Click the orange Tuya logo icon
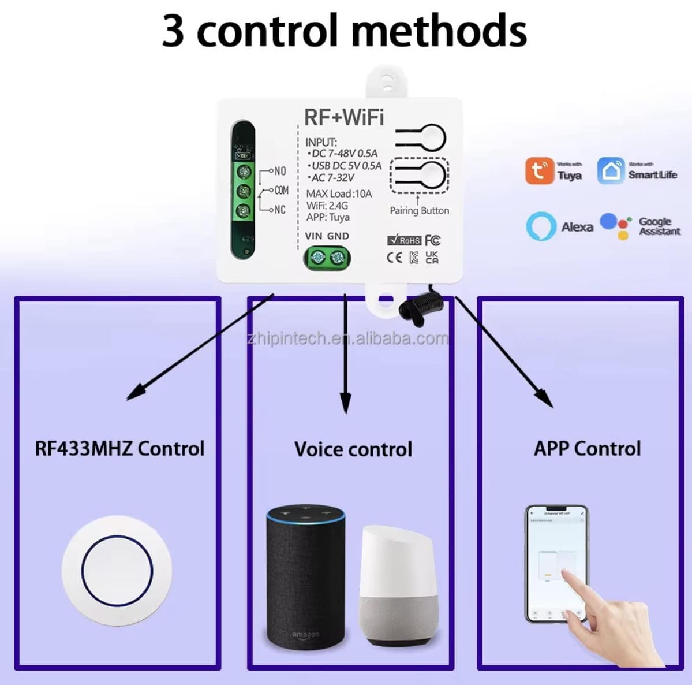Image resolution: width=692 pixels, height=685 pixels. (x=539, y=171)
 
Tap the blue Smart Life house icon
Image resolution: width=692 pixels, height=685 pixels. (x=611, y=171)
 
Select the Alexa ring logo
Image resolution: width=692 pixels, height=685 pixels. (x=541, y=226)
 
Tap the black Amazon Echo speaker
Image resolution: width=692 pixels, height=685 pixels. (x=305, y=577)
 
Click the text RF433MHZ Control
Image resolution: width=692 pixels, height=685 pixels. (x=119, y=449)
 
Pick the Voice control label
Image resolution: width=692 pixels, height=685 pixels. (x=353, y=449)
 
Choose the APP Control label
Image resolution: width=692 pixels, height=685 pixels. (x=587, y=449)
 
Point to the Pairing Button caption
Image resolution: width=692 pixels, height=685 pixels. (x=419, y=211)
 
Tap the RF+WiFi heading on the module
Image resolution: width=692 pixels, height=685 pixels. (x=344, y=117)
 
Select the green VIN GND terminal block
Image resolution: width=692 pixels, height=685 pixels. (x=327, y=257)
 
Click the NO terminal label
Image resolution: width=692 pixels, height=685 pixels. (x=280, y=171)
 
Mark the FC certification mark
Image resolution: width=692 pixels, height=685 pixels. (x=432, y=240)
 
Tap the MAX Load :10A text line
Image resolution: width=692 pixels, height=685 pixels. (x=339, y=194)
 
